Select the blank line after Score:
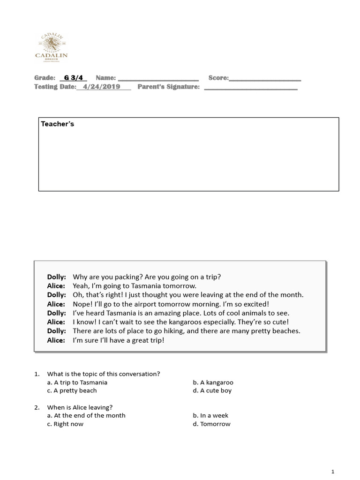point(265,79)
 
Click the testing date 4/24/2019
point(101,87)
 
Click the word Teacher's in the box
point(58,124)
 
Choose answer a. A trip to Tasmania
point(77,382)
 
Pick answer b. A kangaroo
point(213,382)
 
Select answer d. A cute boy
point(212,390)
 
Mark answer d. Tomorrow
point(211,424)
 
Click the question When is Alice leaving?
point(80,407)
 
